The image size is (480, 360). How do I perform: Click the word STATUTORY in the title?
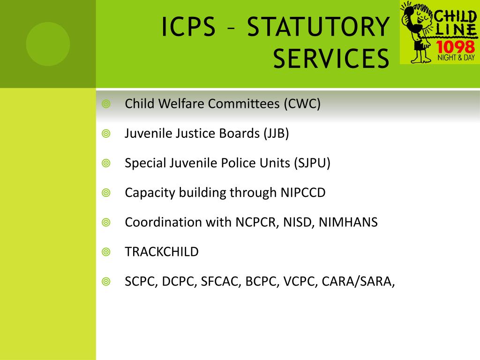pos(318,27)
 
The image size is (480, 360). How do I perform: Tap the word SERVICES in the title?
pos(331,58)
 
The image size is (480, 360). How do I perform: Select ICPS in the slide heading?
pos(188,27)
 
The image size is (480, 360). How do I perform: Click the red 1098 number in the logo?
pos(455,47)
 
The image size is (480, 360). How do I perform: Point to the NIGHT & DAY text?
pos(456,58)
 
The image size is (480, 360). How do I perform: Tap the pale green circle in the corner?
pos(48,44)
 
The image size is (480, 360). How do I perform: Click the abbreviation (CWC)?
pos(302,104)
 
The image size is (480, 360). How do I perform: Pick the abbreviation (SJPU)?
pos(312,163)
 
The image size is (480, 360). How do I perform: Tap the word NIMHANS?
pos(348,222)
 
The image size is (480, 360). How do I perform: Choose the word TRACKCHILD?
pos(162,252)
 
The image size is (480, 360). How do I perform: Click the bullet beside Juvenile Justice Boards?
pos(106,134)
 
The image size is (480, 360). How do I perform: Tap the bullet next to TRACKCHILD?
pos(106,252)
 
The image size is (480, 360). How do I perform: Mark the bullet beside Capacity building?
pos(106,193)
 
